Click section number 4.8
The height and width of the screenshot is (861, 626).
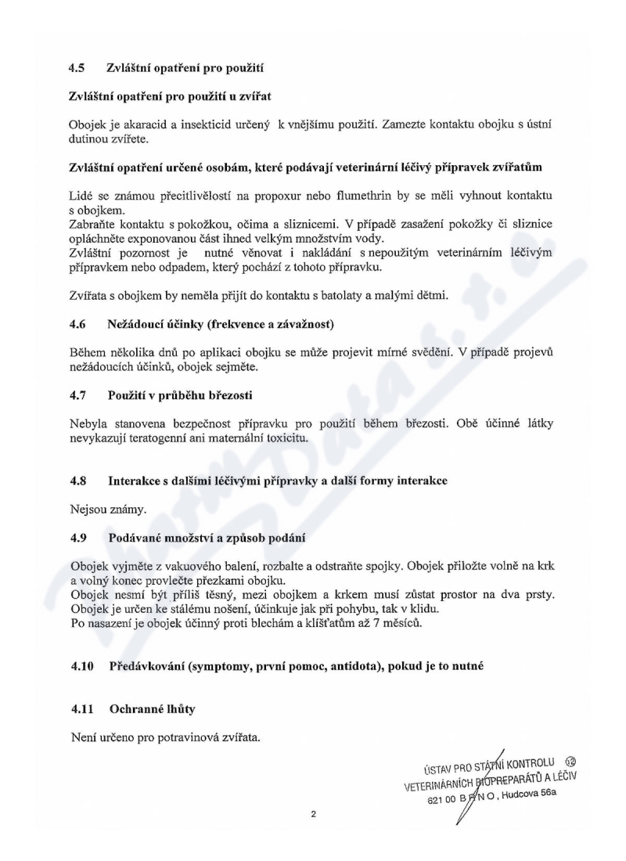77,482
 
